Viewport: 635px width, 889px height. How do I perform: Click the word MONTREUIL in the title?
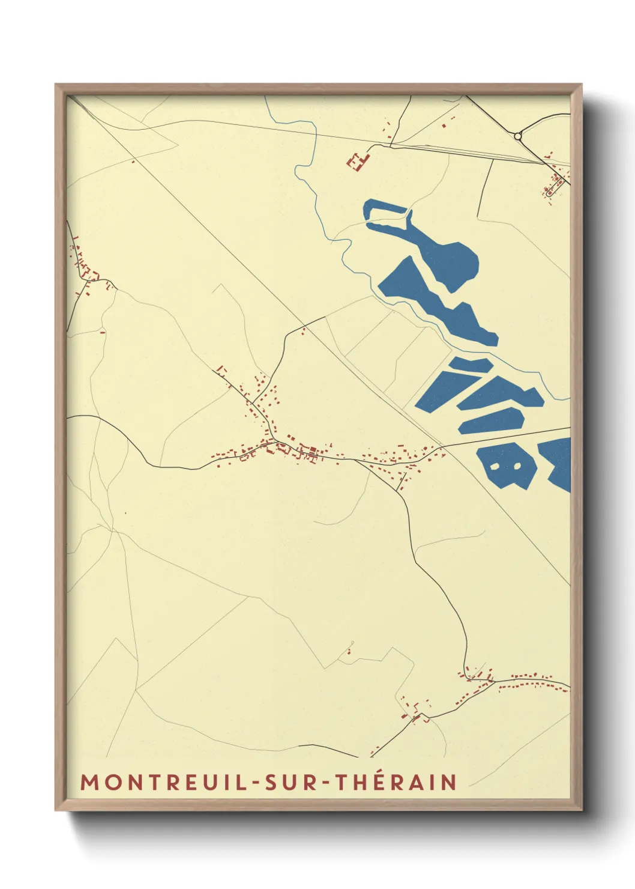[x=163, y=782]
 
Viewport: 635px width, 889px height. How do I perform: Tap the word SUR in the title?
[x=292, y=782]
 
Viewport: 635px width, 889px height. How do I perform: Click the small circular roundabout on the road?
[x=517, y=136]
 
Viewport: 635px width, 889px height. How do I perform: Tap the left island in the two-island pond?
[x=495, y=466]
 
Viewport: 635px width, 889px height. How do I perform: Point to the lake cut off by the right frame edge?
[x=559, y=463]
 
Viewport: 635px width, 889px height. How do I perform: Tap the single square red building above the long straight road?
[x=444, y=126]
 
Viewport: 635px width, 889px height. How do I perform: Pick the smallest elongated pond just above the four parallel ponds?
[x=472, y=365]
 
